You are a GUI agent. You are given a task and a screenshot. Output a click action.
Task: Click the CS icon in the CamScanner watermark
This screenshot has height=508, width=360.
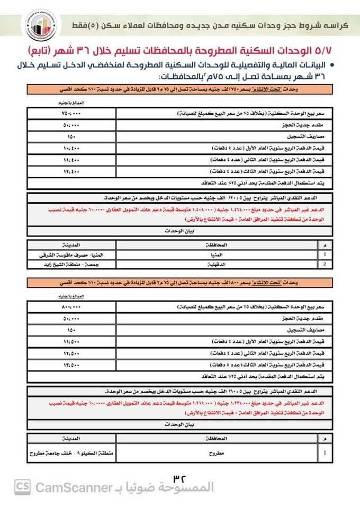(23, 487)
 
